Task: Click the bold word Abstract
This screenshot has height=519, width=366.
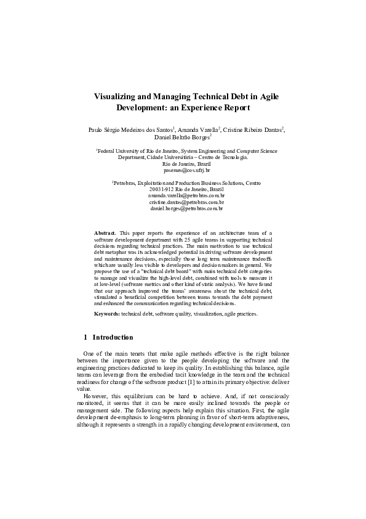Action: click(105, 233)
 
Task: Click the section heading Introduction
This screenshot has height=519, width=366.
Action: click(113, 338)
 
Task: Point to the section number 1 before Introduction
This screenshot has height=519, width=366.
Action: click(85, 338)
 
